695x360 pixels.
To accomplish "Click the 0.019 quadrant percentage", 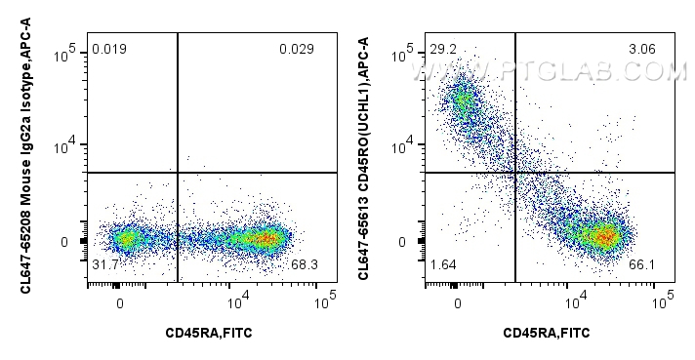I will point(109,50).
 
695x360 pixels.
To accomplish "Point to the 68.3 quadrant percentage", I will point(306,265).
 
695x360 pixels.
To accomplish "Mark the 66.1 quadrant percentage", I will point(642,265).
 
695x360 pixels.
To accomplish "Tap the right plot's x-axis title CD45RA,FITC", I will point(547,333).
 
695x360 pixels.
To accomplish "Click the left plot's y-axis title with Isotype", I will point(21,156).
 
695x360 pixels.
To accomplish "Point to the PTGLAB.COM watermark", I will point(552,71).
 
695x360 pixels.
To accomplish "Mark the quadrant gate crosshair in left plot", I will point(178,173).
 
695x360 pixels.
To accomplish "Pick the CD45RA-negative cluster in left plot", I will point(125,238).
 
